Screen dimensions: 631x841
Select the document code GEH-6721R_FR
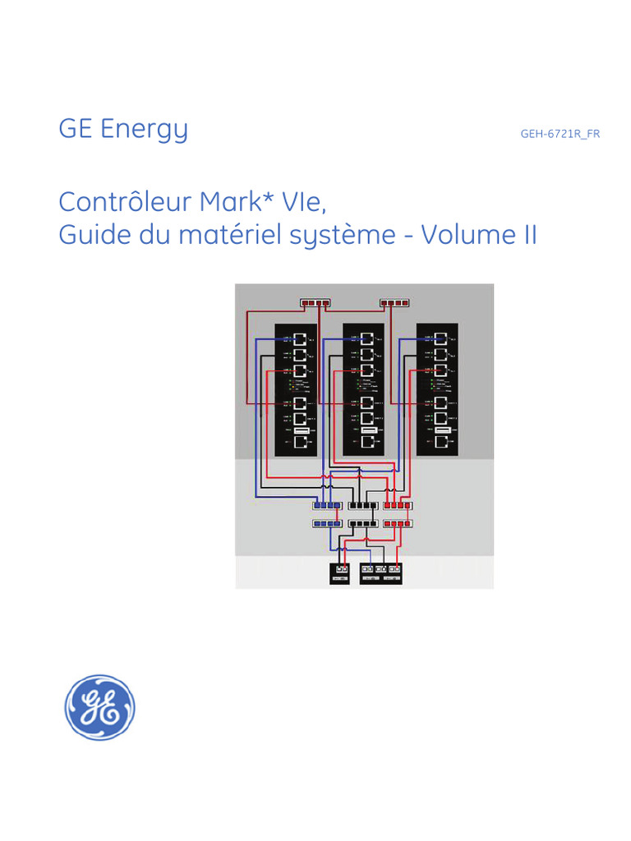coord(560,134)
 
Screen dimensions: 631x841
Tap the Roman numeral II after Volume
coord(529,235)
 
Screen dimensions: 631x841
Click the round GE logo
coord(100,707)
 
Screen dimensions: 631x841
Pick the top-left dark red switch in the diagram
coord(315,303)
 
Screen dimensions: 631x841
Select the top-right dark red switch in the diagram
coord(394,303)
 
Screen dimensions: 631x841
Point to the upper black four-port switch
coord(363,505)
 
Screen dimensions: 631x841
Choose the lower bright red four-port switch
coord(398,523)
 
